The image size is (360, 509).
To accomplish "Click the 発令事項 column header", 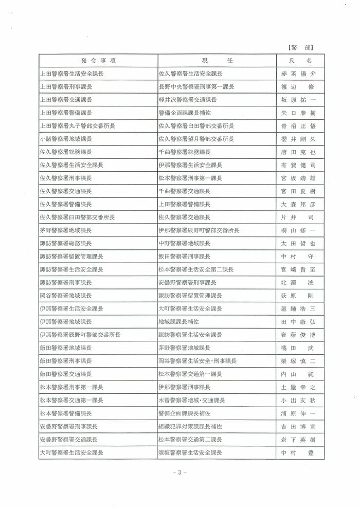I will point(98,61).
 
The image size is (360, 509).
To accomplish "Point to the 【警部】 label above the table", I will point(301,47).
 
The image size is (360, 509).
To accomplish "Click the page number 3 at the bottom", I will point(180,472).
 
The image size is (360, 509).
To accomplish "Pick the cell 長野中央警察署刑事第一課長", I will point(196,87).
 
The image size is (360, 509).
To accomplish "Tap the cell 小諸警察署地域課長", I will point(66,139).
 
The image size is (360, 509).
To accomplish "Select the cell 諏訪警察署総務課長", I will point(66,243).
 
